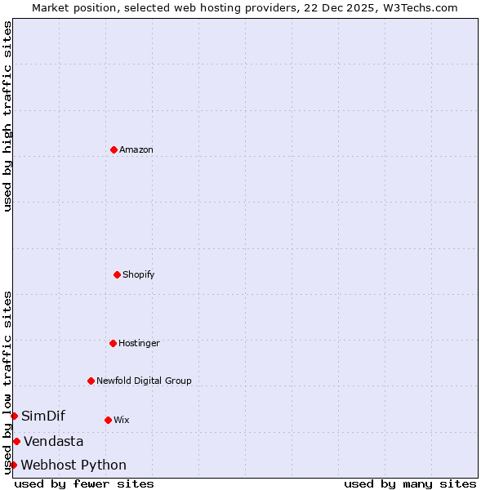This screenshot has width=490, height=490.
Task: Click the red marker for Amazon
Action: click(x=114, y=149)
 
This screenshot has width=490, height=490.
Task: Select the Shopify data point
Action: click(x=117, y=274)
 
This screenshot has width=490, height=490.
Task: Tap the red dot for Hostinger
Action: click(x=113, y=343)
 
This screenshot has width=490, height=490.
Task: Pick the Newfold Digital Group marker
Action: click(x=91, y=381)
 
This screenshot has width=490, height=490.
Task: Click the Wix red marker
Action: click(x=108, y=420)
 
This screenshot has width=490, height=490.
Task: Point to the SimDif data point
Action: click(x=14, y=416)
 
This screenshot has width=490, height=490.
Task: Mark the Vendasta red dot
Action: click(x=16, y=441)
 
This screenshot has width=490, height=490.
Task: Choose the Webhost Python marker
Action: click(x=13, y=465)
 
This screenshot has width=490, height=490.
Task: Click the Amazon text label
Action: click(x=136, y=149)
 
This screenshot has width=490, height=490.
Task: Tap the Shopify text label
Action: click(x=139, y=274)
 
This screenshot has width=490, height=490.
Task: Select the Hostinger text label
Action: click(x=140, y=343)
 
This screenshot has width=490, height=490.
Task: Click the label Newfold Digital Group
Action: click(x=144, y=381)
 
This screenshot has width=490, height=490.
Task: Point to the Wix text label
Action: click(x=122, y=420)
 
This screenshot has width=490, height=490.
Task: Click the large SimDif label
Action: click(x=43, y=416)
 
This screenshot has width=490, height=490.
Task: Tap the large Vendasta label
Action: click(x=53, y=442)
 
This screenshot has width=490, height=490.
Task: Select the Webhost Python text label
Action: click(x=73, y=465)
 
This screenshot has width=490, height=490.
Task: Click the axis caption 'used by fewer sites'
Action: click(x=84, y=484)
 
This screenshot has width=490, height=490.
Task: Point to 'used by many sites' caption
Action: click(x=410, y=484)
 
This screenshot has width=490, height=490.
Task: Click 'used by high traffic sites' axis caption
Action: click(x=7, y=116)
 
